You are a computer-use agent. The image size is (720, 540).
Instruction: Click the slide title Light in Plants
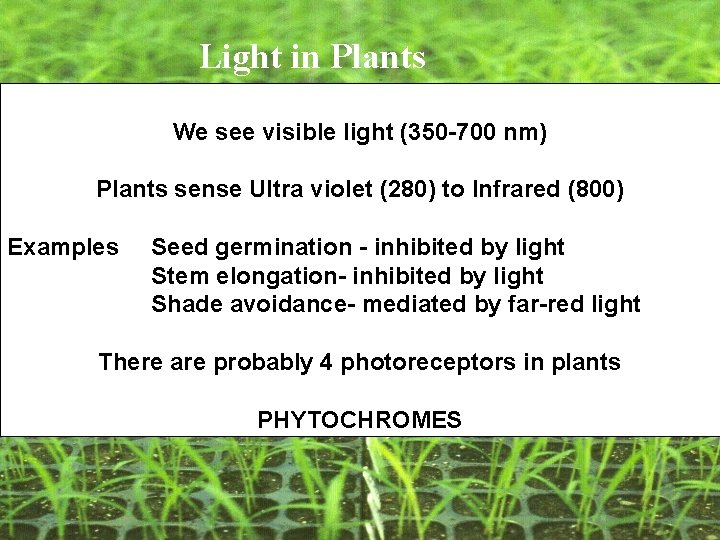tap(312, 57)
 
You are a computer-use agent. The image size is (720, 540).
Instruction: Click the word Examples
tap(63, 247)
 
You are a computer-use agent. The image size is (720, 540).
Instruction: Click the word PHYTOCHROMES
tap(359, 420)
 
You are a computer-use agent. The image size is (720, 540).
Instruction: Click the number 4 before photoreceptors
tap(326, 362)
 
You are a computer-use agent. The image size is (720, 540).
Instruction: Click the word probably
tap(263, 363)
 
